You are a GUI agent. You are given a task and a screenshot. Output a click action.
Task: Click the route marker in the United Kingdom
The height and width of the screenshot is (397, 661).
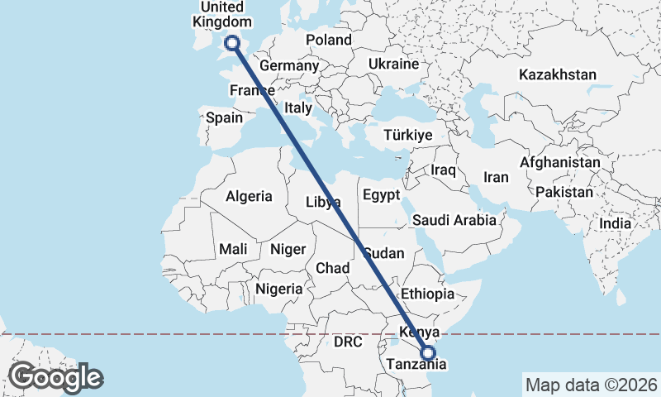pos(232,43)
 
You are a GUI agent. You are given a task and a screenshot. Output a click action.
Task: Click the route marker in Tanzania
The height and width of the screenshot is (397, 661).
pos(427,353)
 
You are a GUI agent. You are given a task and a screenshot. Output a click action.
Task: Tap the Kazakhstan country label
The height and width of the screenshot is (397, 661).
pos(557,75)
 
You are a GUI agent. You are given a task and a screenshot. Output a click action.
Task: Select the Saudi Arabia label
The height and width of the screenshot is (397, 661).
pos(454,220)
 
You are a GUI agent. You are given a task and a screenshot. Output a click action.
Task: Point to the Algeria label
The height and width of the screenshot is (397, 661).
pos(249,197)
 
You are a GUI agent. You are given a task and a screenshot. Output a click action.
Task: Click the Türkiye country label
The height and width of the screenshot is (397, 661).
pos(408,135)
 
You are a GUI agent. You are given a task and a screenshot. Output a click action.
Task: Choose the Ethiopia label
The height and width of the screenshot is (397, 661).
pos(427,294)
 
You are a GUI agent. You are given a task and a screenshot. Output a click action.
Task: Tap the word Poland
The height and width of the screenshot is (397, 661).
pos(328,40)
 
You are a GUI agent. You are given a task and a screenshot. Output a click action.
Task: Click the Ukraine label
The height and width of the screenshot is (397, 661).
pos(393,64)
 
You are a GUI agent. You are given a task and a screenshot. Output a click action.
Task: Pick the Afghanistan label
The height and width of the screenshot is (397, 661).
pos(559,163)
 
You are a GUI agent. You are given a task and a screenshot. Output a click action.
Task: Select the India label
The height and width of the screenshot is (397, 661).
pos(616,223)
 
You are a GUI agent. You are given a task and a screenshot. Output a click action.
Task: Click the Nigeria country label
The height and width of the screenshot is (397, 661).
pos(279,289)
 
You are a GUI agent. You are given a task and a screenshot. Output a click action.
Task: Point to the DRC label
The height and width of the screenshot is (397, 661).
pos(348,342)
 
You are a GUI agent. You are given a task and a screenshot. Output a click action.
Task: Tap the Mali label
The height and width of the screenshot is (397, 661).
pos(233,249)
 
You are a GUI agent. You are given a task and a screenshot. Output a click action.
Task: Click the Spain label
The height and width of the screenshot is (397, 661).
pos(224,117)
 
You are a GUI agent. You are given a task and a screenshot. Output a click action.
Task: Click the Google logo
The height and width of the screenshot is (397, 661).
pos(55,377)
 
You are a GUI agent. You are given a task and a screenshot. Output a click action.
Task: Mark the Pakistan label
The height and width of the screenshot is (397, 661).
pos(564,192)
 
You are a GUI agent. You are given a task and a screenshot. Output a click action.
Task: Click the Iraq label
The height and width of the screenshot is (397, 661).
pos(443,170)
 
